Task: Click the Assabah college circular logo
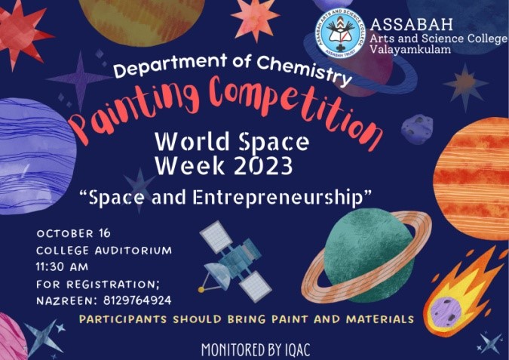click(x=340, y=32)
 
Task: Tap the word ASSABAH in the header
click(x=411, y=24)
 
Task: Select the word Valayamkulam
click(x=410, y=49)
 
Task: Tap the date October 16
click(x=74, y=233)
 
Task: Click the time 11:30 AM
click(x=62, y=266)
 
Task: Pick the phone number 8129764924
click(x=137, y=300)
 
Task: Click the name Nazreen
click(x=66, y=300)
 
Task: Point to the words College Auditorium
click(x=104, y=250)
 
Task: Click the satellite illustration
click(x=235, y=261)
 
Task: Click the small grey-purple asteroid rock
click(x=417, y=128)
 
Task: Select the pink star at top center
click(x=255, y=19)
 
